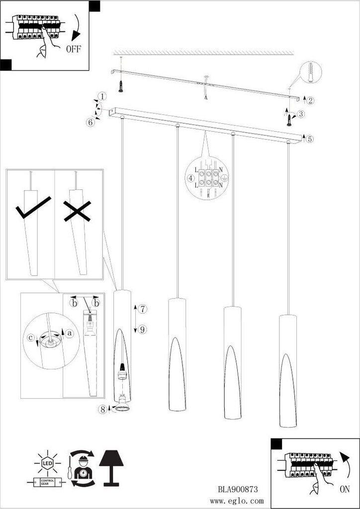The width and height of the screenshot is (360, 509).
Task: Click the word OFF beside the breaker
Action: click(x=74, y=49)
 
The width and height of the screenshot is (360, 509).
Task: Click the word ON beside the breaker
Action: click(x=345, y=489)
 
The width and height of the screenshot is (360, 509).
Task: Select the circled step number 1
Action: click(x=102, y=96)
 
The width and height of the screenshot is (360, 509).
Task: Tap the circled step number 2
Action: click(x=310, y=100)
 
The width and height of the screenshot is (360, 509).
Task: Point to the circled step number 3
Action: click(x=301, y=114)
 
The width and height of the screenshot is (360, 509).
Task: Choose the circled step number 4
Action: click(x=191, y=178)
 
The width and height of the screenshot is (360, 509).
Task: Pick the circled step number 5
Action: click(x=310, y=139)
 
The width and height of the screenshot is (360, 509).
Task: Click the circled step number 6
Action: click(x=90, y=122)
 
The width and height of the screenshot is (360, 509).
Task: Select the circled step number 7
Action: click(x=142, y=309)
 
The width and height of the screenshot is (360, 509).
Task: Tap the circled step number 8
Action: click(x=103, y=410)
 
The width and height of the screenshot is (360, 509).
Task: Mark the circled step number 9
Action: click(x=142, y=330)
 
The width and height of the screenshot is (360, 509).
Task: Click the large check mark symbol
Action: click(x=33, y=207)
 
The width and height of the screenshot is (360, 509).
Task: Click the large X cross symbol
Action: click(x=77, y=211)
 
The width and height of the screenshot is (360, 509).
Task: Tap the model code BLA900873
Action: click(x=238, y=489)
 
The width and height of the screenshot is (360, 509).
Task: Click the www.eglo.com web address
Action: click(x=237, y=502)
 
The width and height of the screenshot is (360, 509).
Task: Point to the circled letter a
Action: click(x=69, y=333)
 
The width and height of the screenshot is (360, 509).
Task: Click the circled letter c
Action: click(x=30, y=338)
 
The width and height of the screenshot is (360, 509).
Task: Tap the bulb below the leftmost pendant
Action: click(x=122, y=403)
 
